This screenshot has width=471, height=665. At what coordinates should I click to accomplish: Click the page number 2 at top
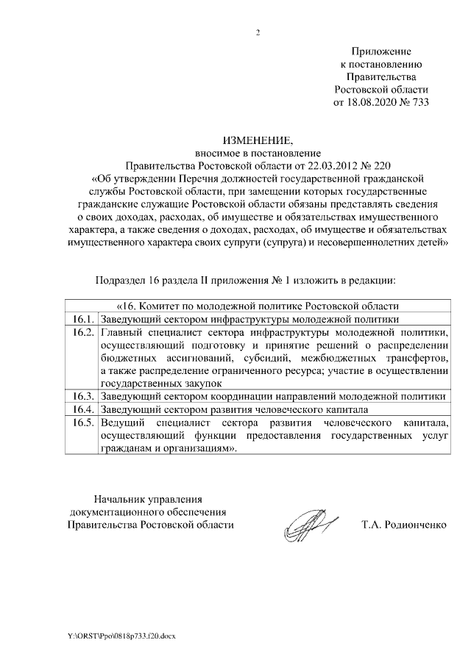click(x=258, y=33)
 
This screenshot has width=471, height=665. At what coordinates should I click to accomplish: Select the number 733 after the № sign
click(x=419, y=101)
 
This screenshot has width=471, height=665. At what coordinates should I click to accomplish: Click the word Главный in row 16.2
click(x=122, y=333)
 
